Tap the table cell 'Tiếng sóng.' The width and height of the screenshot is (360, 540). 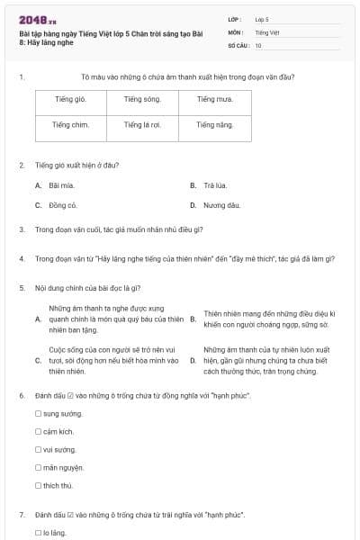tap(142, 99)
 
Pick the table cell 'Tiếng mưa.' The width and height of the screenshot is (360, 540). tap(214, 99)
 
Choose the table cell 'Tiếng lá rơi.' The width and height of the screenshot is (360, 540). tap(142, 125)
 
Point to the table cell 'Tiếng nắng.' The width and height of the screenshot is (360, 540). tap(214, 125)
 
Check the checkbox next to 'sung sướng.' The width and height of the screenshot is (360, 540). tap(38, 413)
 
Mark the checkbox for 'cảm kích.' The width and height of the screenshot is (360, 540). tap(38, 431)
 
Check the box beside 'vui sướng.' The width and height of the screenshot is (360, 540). tap(38, 449)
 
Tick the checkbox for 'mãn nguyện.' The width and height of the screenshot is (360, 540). tap(38, 467)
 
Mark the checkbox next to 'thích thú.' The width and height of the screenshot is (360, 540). tap(38, 485)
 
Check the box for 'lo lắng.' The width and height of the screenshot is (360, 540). tap(38, 534)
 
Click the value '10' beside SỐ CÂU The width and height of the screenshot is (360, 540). tap(258, 45)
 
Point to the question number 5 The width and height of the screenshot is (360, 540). tap(21, 288)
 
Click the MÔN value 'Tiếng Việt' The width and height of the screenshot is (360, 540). tap(267, 31)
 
